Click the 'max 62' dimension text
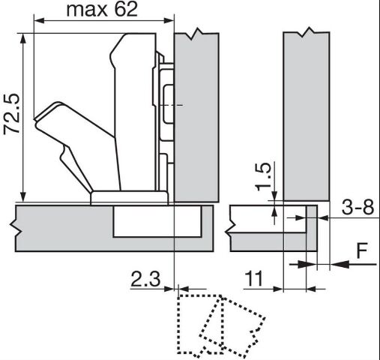[102, 10]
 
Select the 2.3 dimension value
[145, 279]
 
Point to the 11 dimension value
[254, 279]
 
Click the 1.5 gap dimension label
[263, 177]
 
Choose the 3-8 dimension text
[358, 207]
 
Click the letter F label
[362, 250]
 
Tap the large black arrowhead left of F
[340, 264]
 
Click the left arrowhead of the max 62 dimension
[39, 20]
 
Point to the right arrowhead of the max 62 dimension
[169, 20]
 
